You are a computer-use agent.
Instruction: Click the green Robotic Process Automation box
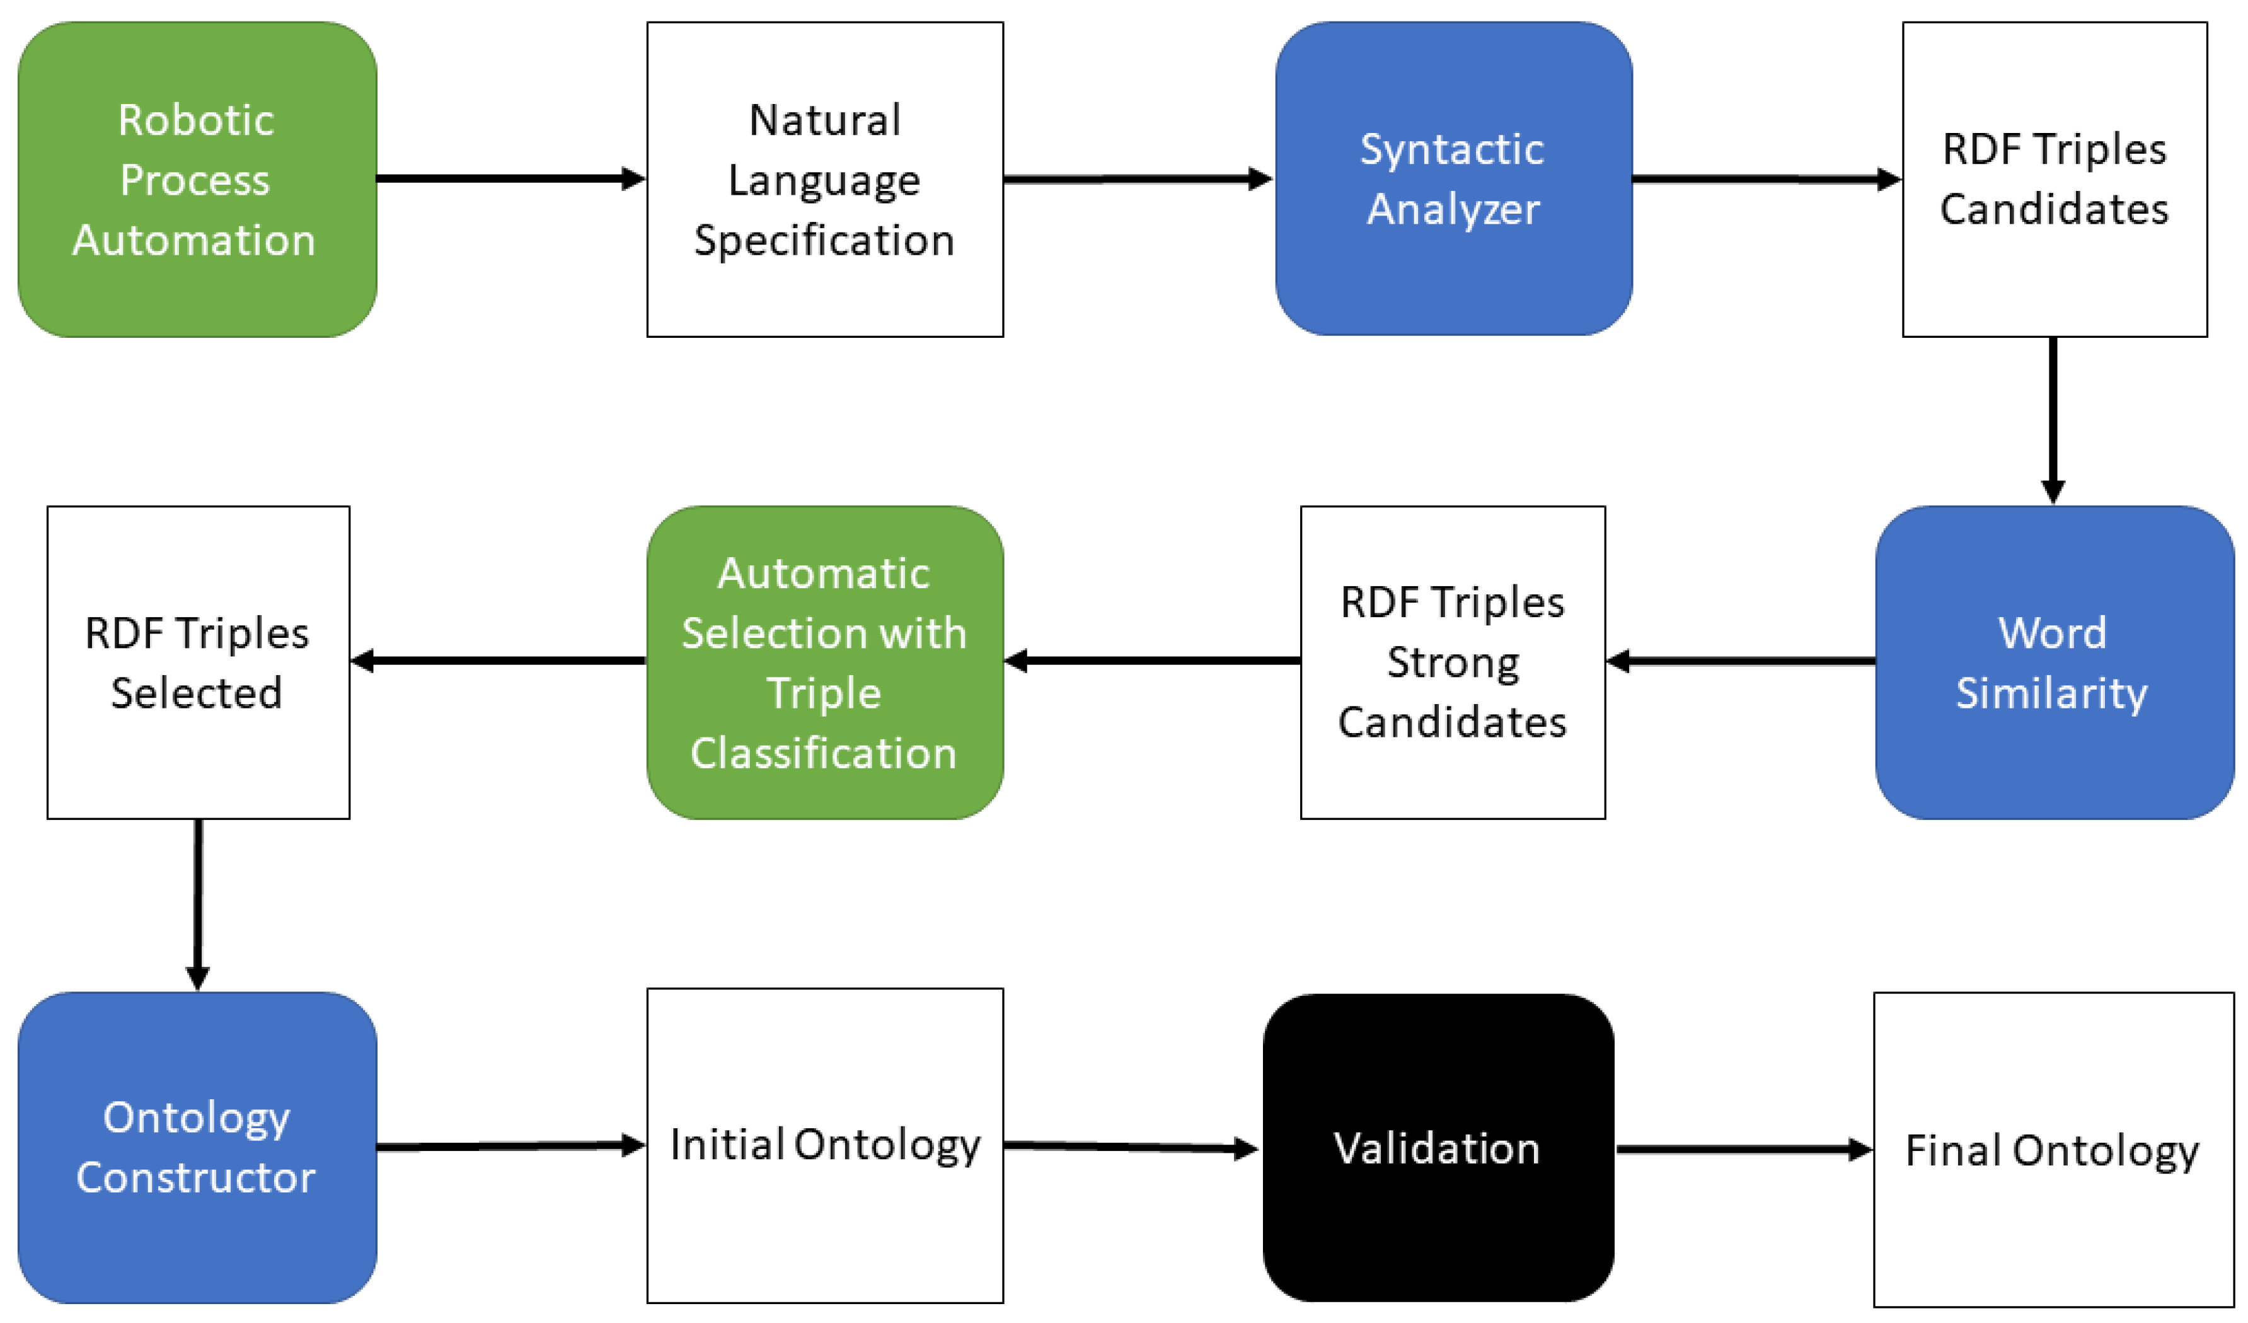pyautogui.click(x=196, y=178)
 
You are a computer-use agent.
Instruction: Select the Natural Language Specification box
pyautogui.click(x=824, y=178)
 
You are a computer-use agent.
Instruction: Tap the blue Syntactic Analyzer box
pyautogui.click(x=1453, y=178)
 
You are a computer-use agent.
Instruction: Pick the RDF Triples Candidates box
pyautogui.click(x=2055, y=178)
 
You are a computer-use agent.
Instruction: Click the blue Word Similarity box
pyautogui.click(x=2055, y=662)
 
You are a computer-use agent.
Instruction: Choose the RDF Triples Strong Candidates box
pyautogui.click(x=1452, y=662)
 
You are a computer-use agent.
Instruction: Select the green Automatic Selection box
pyautogui.click(x=824, y=662)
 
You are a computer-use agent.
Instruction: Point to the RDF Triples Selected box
pyautogui.click(x=198, y=662)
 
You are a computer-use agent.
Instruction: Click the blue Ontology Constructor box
pyautogui.click(x=196, y=1147)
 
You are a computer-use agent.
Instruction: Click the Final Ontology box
pyautogui.click(x=2053, y=1149)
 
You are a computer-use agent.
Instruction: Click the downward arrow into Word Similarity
pyautogui.click(x=2053, y=419)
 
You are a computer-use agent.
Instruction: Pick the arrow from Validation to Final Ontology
pyautogui.click(x=1743, y=1149)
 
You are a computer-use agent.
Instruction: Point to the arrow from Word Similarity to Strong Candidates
pyautogui.click(x=1739, y=661)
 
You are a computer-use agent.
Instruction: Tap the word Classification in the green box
pyautogui.click(x=823, y=753)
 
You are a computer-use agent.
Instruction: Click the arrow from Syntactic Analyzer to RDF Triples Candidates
pyautogui.click(x=1767, y=179)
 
